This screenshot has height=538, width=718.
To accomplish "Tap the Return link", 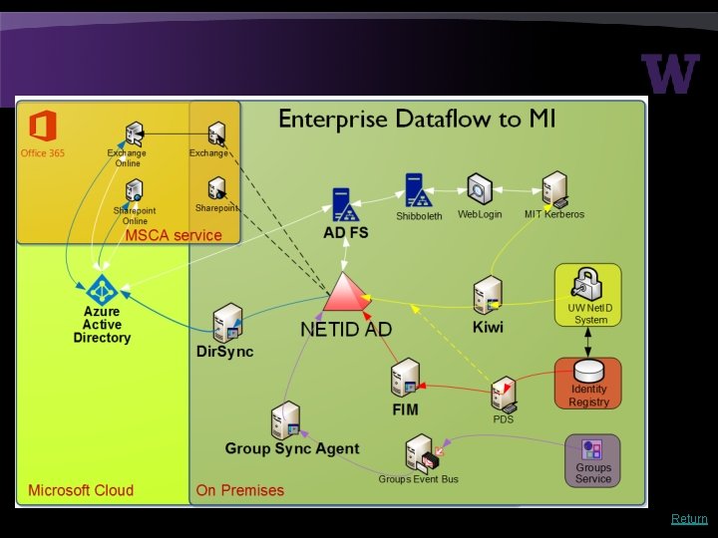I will (689, 518).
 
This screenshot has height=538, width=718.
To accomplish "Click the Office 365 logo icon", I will (42, 127).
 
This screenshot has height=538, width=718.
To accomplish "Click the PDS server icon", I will (504, 395).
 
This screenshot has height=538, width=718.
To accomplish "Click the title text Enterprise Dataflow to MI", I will (417, 121).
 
